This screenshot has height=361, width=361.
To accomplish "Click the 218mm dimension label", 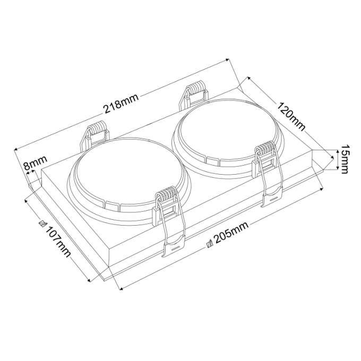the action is click(x=122, y=104).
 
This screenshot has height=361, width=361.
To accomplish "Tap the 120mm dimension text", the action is click(x=291, y=117).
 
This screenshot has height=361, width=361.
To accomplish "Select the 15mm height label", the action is click(x=345, y=159).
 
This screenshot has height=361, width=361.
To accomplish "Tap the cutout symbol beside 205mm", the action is click(x=210, y=244).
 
